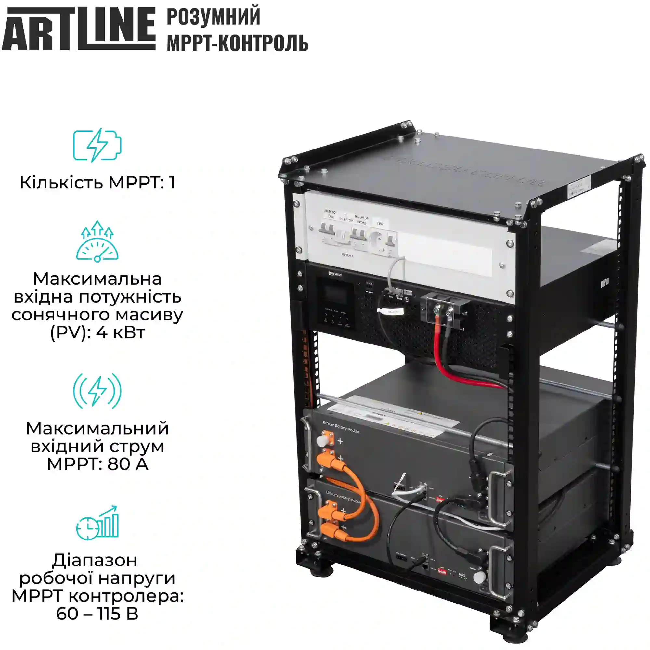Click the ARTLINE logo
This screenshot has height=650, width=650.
pos(78,29)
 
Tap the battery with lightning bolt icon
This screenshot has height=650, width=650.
pos(97,145)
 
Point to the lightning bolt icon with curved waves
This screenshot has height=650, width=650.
pos(97,391)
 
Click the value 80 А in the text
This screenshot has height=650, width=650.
pos(128,464)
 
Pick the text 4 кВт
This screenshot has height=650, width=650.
pos(121,332)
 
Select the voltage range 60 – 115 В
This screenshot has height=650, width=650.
pos(97,613)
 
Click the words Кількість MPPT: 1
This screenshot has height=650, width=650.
pos(97,183)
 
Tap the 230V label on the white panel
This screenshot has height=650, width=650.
pos(380,223)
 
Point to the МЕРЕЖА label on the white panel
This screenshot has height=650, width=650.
pos(347,256)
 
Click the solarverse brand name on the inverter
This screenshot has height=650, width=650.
pos(335,274)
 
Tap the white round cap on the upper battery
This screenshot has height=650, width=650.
pos(321,440)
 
